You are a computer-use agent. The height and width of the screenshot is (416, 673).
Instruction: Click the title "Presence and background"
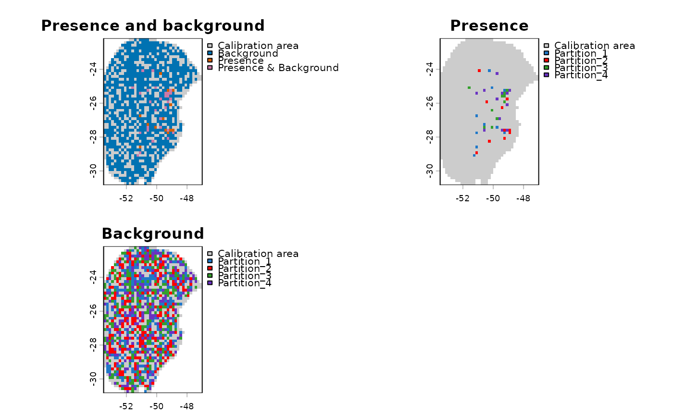(153, 26)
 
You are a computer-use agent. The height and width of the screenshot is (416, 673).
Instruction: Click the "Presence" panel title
(489, 26)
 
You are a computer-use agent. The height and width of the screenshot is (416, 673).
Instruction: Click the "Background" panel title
(153, 234)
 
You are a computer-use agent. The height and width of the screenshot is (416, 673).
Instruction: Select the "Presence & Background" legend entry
(278, 68)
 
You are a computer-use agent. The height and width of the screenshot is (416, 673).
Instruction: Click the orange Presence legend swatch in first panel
(210, 61)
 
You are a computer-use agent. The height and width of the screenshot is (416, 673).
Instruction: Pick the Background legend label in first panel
(248, 53)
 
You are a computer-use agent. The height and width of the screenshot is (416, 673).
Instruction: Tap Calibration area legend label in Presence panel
(594, 46)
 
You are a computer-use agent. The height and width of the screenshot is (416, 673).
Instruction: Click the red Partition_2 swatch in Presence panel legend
(546, 61)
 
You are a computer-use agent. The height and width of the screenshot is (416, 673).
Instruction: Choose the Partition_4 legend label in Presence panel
(581, 75)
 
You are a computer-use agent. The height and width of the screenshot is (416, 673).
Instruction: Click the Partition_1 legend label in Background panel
(244, 261)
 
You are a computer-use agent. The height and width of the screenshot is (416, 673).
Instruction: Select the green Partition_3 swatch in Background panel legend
(210, 276)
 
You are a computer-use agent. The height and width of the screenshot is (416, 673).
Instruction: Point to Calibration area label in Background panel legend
(258, 254)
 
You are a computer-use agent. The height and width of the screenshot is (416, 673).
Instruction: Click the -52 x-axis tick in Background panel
(126, 406)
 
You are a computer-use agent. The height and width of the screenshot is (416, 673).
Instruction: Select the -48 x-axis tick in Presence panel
(523, 198)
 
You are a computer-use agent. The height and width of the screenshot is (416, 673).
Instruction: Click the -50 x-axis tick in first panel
(156, 198)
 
